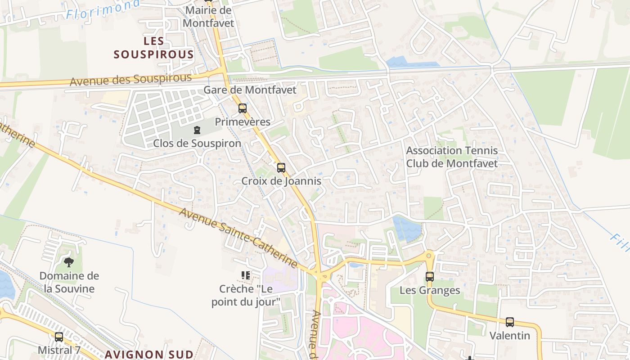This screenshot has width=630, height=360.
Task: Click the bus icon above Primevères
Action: [x=243, y=108]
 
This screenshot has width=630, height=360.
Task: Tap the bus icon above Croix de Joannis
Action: [x=281, y=168]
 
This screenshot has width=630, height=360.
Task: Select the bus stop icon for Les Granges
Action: [x=430, y=277]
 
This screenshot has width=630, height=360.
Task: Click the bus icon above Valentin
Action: [x=509, y=322]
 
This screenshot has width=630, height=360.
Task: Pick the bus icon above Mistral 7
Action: [x=59, y=337]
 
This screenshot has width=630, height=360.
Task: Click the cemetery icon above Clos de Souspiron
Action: [x=197, y=130]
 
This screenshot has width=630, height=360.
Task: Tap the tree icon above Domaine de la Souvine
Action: [x=69, y=262]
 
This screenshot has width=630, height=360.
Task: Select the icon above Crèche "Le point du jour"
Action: [x=246, y=275]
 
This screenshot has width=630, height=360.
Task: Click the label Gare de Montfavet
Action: [x=250, y=90]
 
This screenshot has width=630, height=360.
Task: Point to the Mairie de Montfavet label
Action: [x=208, y=16]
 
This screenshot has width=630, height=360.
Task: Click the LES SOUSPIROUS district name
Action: [x=154, y=48]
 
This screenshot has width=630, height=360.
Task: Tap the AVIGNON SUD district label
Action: [x=149, y=354]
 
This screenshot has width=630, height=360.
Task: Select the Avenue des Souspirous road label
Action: [x=130, y=80]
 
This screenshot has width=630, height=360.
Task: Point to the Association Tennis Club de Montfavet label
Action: [x=452, y=157]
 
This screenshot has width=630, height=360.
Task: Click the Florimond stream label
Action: [x=103, y=9]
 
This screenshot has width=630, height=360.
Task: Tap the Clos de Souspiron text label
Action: [x=197, y=143]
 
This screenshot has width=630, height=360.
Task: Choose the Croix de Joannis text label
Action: [x=281, y=181]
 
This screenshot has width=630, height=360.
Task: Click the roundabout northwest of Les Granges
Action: [x=429, y=256]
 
